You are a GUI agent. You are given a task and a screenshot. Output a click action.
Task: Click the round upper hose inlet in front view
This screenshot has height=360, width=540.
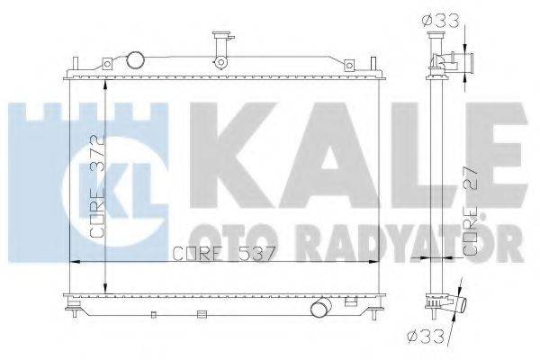point(136,60)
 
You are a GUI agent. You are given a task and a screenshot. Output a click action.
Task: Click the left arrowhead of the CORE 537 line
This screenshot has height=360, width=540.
point(74,262)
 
